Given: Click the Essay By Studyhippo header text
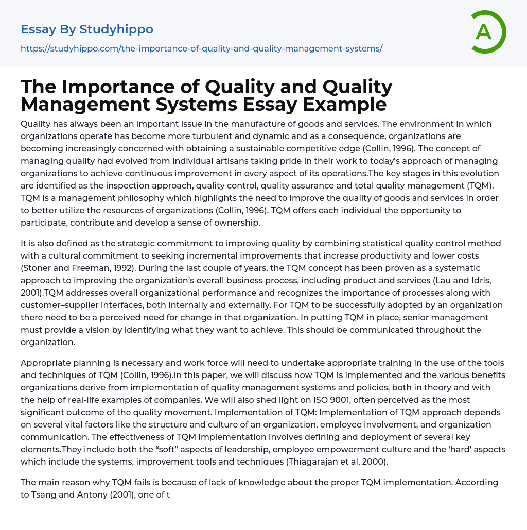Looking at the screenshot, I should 87,29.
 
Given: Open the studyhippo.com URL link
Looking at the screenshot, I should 201,49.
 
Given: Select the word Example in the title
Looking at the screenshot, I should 344,104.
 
